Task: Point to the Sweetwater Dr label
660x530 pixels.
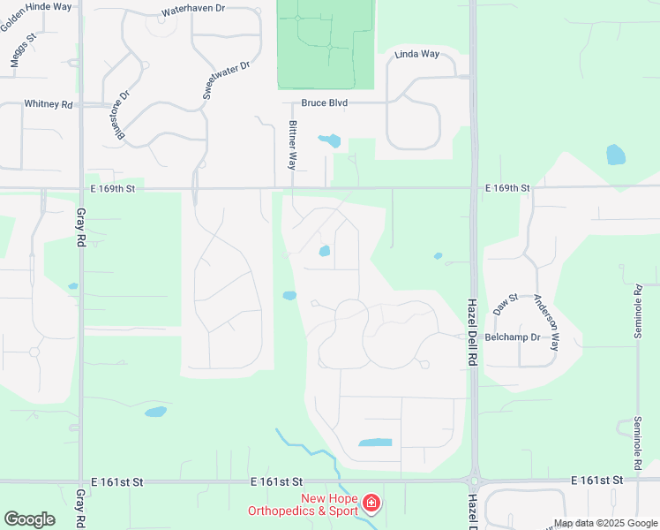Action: pos(227,79)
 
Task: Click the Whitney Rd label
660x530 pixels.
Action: pos(49,104)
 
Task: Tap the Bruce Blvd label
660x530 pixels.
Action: pos(324,103)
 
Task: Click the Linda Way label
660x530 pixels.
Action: pos(417,55)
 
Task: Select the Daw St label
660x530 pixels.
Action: pos(504,305)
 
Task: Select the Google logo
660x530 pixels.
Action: pos(29,519)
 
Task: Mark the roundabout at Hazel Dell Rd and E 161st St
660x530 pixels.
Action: pos(474,482)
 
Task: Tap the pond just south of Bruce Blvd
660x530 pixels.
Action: pos(329,140)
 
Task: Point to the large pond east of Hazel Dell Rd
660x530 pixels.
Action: pos(616,155)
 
